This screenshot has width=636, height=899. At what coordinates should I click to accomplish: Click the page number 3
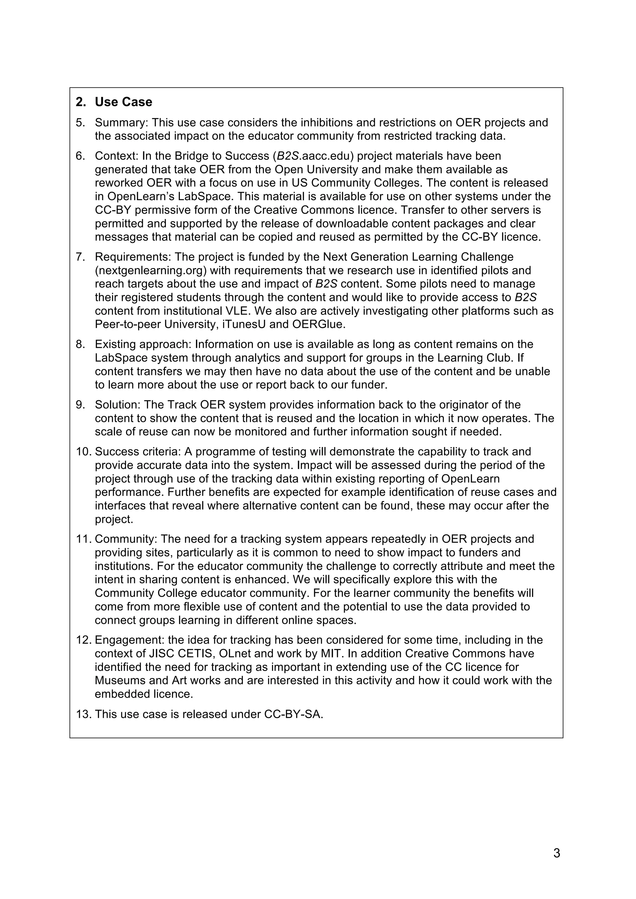556,853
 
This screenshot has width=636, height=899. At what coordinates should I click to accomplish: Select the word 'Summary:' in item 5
121,123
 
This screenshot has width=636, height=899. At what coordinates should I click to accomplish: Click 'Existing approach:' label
143,345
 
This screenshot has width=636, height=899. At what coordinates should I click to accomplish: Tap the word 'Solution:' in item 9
118,405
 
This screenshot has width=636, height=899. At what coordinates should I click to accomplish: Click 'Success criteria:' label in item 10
138,452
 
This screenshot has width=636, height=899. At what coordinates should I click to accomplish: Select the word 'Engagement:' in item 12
130,640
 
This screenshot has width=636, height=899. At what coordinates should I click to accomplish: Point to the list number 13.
83,715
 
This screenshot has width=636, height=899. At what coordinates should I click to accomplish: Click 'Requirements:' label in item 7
133,257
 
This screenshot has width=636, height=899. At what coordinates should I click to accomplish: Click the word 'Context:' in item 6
116,156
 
